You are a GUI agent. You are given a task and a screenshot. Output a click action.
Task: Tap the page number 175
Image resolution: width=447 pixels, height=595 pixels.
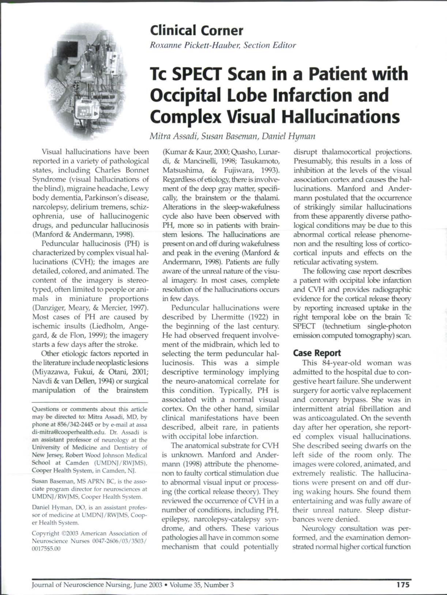point(403,582)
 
